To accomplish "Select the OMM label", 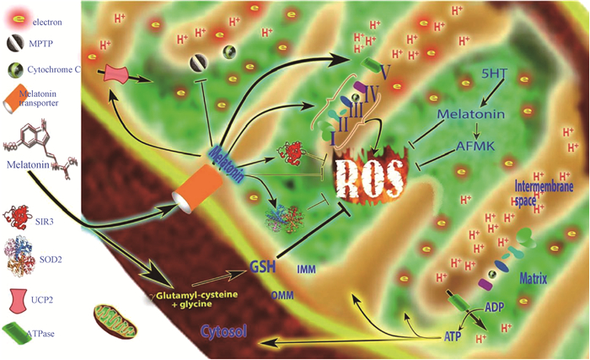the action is [x=282, y=295].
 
